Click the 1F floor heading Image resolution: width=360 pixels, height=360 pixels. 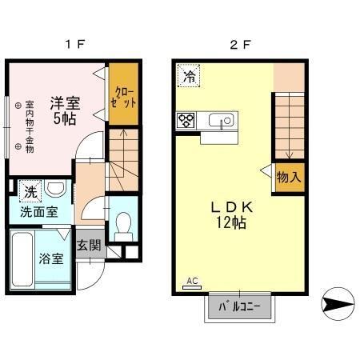(x=75, y=45)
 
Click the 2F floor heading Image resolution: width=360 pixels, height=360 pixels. (x=239, y=45)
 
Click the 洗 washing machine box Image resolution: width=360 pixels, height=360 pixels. (x=29, y=192)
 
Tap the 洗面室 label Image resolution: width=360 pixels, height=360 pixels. (x=38, y=213)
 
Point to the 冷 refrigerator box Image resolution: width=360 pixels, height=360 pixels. (x=190, y=76)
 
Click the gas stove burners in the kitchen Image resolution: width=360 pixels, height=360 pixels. (x=186, y=122)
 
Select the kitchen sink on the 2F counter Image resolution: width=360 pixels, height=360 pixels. (x=218, y=122)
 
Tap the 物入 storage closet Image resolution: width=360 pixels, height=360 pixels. (x=288, y=176)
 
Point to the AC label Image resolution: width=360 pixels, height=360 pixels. (x=191, y=280)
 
